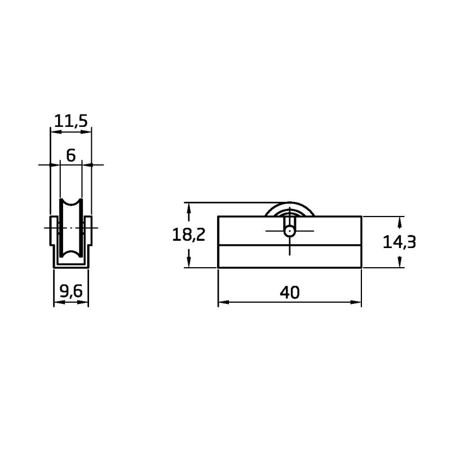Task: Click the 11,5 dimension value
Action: coord(71,121)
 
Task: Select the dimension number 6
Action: coord(71,156)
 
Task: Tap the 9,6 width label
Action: coord(71,291)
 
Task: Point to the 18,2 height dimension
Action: coord(188,235)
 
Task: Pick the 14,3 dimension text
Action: coord(399,242)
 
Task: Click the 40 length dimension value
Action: coord(290,293)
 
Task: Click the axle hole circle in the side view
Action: coord(290,231)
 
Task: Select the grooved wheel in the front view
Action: coord(71,228)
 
